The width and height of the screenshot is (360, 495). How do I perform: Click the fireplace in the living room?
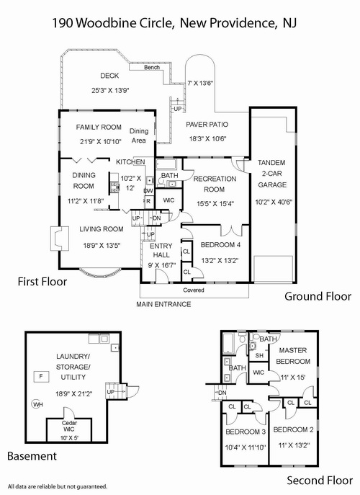(x=60, y=238)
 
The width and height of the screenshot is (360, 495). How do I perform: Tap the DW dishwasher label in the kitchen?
(x=148, y=191)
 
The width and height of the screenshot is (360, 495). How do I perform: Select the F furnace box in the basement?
(x=41, y=376)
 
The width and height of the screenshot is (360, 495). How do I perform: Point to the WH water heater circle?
(x=37, y=404)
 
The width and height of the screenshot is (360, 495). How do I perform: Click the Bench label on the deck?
(x=152, y=67)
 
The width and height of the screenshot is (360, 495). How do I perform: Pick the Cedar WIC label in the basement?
(x=69, y=426)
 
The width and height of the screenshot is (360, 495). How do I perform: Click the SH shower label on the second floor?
(x=259, y=355)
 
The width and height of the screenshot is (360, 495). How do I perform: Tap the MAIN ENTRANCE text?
(x=163, y=304)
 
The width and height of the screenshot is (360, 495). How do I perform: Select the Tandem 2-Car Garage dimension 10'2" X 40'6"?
(x=274, y=202)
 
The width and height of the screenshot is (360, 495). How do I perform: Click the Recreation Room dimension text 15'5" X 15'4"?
(x=215, y=204)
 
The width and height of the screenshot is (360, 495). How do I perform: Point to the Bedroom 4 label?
(x=220, y=245)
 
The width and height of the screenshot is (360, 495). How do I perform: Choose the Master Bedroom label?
(x=293, y=356)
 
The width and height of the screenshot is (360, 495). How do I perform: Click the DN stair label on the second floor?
(x=222, y=393)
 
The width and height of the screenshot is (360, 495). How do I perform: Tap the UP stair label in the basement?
(x=111, y=392)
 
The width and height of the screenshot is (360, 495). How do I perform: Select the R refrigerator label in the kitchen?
(x=148, y=201)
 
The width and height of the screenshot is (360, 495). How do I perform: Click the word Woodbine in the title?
(x=99, y=23)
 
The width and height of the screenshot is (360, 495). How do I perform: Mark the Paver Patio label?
(x=207, y=125)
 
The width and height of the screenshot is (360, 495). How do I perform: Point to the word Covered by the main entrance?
(x=194, y=290)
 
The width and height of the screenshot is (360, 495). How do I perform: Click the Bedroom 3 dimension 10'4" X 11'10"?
(x=246, y=447)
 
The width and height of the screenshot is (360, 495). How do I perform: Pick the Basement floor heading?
(x=32, y=456)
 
